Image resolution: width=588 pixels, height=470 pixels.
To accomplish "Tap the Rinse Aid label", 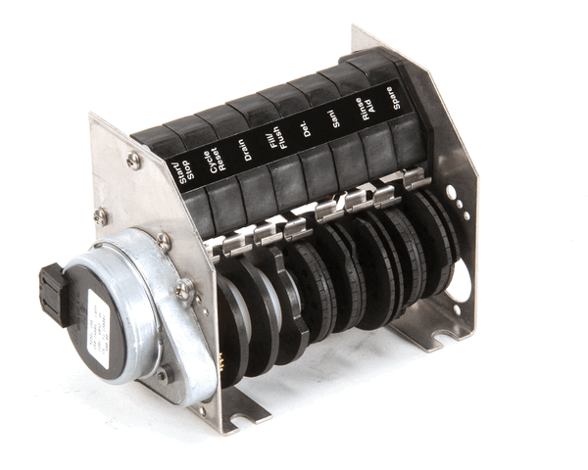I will coord(367,112).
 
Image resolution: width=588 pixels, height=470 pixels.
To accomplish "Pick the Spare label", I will coord(398,102).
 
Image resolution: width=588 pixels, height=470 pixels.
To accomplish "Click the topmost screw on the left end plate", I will coord(134,160).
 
